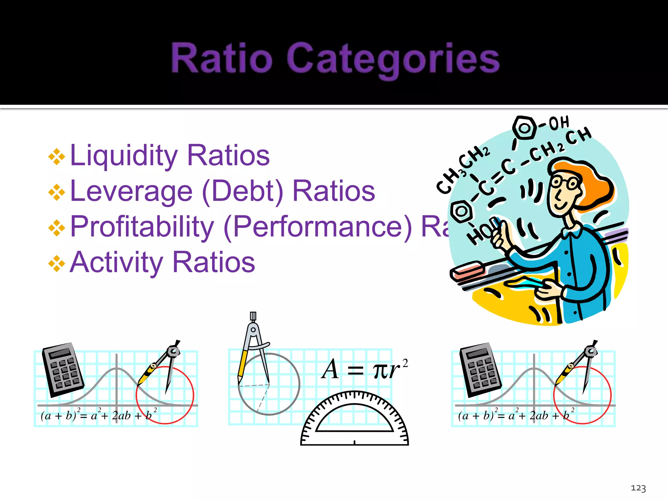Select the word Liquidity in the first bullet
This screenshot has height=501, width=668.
coord(124,156)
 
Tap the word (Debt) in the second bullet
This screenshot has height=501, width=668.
coord(243,191)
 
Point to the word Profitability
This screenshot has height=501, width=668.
coord(142,227)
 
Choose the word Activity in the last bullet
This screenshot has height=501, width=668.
coord(116,262)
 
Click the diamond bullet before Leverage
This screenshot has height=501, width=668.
coord(57,192)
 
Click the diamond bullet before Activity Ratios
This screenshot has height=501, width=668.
coord(57,264)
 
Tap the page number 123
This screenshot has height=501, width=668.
coord(638,488)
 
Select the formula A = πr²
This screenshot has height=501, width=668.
coord(364,370)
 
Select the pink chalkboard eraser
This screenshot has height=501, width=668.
coord(468,270)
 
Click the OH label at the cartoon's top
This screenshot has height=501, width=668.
coord(559,123)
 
